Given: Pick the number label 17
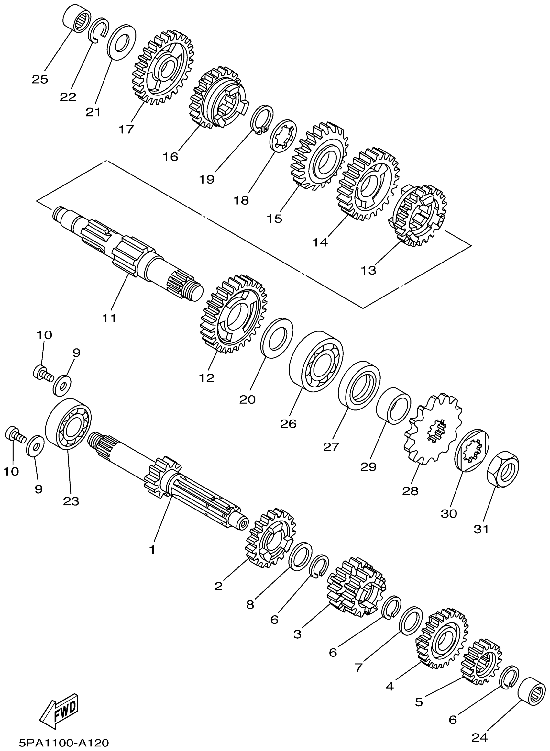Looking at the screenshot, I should [x=126, y=129].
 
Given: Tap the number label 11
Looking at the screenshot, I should [x=109, y=319].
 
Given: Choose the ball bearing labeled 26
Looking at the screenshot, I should [x=316, y=361].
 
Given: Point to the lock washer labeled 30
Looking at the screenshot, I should [x=472, y=455].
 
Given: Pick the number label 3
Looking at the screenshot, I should [x=297, y=634].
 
